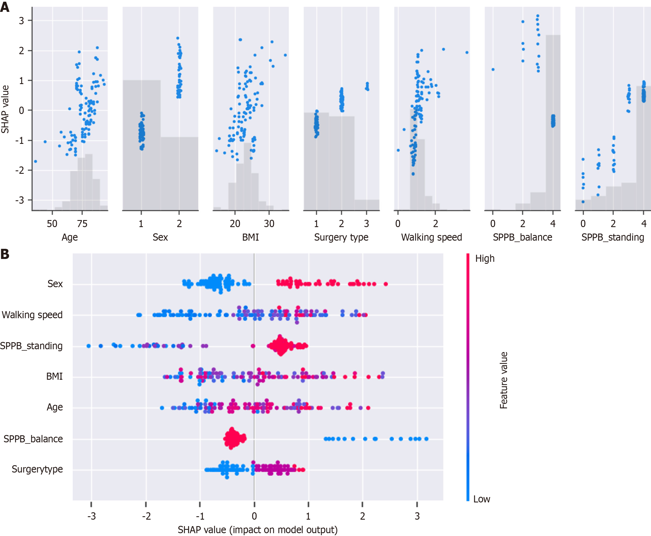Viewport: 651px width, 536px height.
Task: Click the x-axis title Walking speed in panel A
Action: pos(431,237)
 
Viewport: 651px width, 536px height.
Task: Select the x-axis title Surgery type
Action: pos(341,237)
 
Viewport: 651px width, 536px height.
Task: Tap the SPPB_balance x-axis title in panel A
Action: pos(522,237)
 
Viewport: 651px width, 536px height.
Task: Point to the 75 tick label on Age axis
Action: pos(82,223)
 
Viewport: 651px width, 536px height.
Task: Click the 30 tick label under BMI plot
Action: pos(269,223)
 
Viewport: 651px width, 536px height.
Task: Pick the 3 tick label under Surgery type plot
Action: pos(366,223)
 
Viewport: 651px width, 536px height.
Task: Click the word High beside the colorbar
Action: pos(485,258)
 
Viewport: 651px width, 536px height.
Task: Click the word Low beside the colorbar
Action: pos(482,499)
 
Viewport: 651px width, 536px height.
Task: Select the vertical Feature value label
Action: pos(504,380)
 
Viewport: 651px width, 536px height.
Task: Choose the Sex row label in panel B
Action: pos(55,284)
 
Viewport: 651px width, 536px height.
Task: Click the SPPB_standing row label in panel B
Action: pos(31,346)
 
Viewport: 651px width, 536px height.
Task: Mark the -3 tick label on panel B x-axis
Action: pos(91,516)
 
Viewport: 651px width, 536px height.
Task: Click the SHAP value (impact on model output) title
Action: pos(258,530)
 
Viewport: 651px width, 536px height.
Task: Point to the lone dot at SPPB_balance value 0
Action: pos(493,69)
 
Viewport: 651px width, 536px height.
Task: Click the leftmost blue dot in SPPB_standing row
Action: pos(89,346)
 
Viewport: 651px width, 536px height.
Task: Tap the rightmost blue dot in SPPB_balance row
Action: pos(426,439)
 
